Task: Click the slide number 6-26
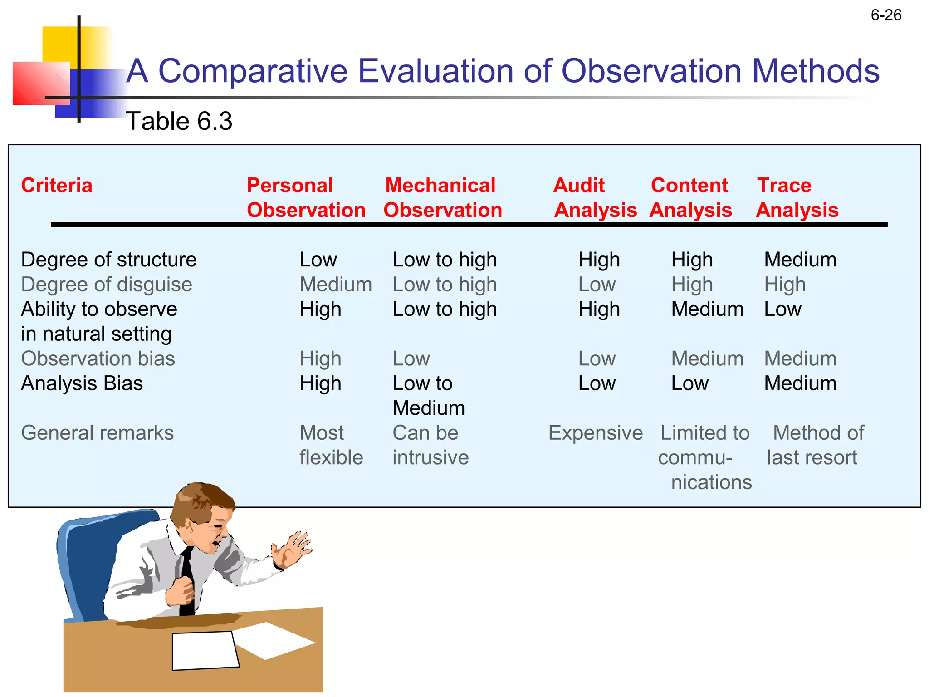tap(885, 15)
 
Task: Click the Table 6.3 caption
tap(179, 121)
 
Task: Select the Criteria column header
tap(57, 186)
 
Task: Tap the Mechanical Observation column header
tap(442, 198)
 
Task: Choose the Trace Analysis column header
tap(797, 198)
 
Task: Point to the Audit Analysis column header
tap(595, 198)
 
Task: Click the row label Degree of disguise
tap(107, 285)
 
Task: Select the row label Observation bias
tap(98, 358)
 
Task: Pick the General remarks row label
tap(97, 433)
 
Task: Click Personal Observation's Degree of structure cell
tap(318, 260)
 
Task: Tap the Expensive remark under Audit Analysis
tap(595, 433)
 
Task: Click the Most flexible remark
tap(331, 445)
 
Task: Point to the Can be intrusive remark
tap(430, 445)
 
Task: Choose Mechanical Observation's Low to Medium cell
tap(428, 396)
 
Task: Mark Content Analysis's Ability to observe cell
tap(707, 309)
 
